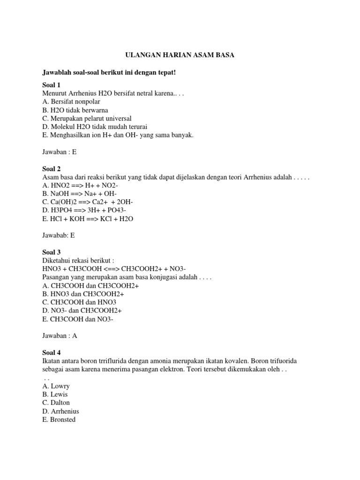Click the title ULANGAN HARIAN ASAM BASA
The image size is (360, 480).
tap(180, 55)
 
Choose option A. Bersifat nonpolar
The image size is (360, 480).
tap(71, 101)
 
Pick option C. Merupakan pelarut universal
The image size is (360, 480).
tap(87, 118)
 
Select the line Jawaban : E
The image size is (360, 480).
tap(59, 152)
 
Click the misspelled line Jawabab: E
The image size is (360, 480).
tap(59, 236)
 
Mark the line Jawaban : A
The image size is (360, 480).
tap(60, 336)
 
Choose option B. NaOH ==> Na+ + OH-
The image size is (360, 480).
tap(80, 194)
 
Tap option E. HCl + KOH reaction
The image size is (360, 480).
tap(88, 219)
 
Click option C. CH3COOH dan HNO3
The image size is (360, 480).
tap(79, 302)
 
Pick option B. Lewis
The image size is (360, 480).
tap(56, 394)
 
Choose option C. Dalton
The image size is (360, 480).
tap(56, 403)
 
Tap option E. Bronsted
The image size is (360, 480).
tap(59, 420)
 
